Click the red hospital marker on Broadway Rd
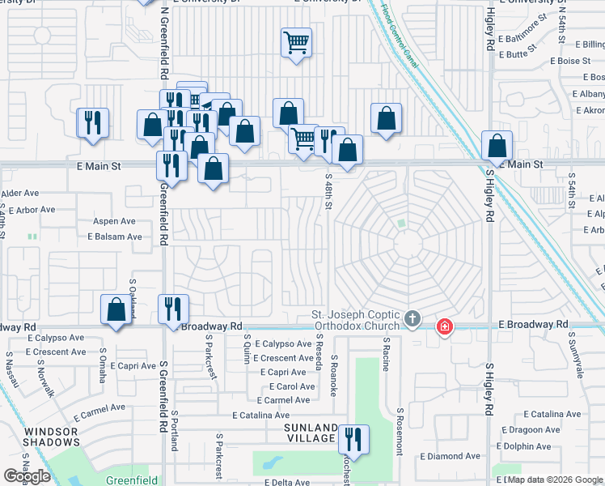point(444,327)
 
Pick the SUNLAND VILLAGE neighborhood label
point(310,433)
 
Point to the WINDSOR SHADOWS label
point(52,437)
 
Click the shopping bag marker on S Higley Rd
point(497,147)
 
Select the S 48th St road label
point(328,191)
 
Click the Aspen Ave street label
point(116,221)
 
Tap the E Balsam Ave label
point(115,237)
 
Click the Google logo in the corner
point(27,476)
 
